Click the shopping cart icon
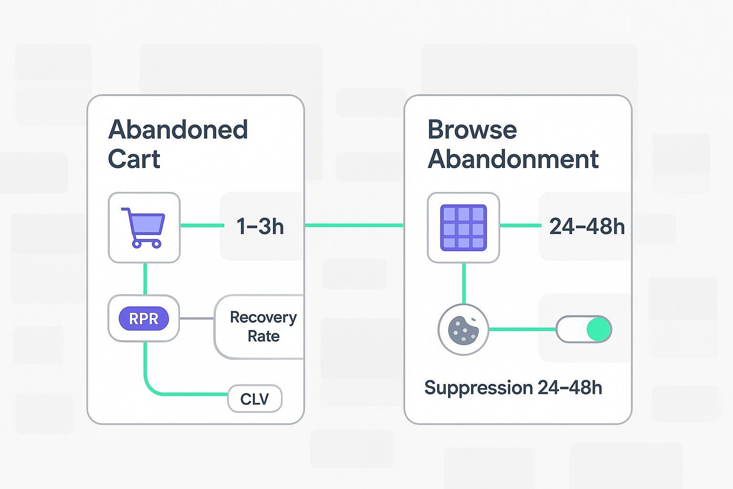[144, 227]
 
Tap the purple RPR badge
[144, 319]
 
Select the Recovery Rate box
[262, 327]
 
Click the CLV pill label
[255, 399]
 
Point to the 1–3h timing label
[260, 226]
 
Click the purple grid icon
[463, 227]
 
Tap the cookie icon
[463, 330]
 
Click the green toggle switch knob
[598, 329]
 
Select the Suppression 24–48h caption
[513, 387]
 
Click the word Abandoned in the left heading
[178, 129]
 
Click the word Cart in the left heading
[134, 159]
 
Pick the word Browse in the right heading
[472, 129]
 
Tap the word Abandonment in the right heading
[513, 159]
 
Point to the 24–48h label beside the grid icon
[586, 226]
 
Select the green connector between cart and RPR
[145, 279]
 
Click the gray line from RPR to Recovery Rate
[197, 319]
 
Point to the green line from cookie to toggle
[523, 329]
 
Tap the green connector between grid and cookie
[464, 283]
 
